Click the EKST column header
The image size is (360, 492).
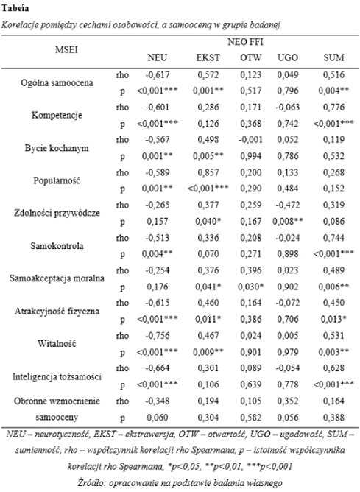206,57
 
